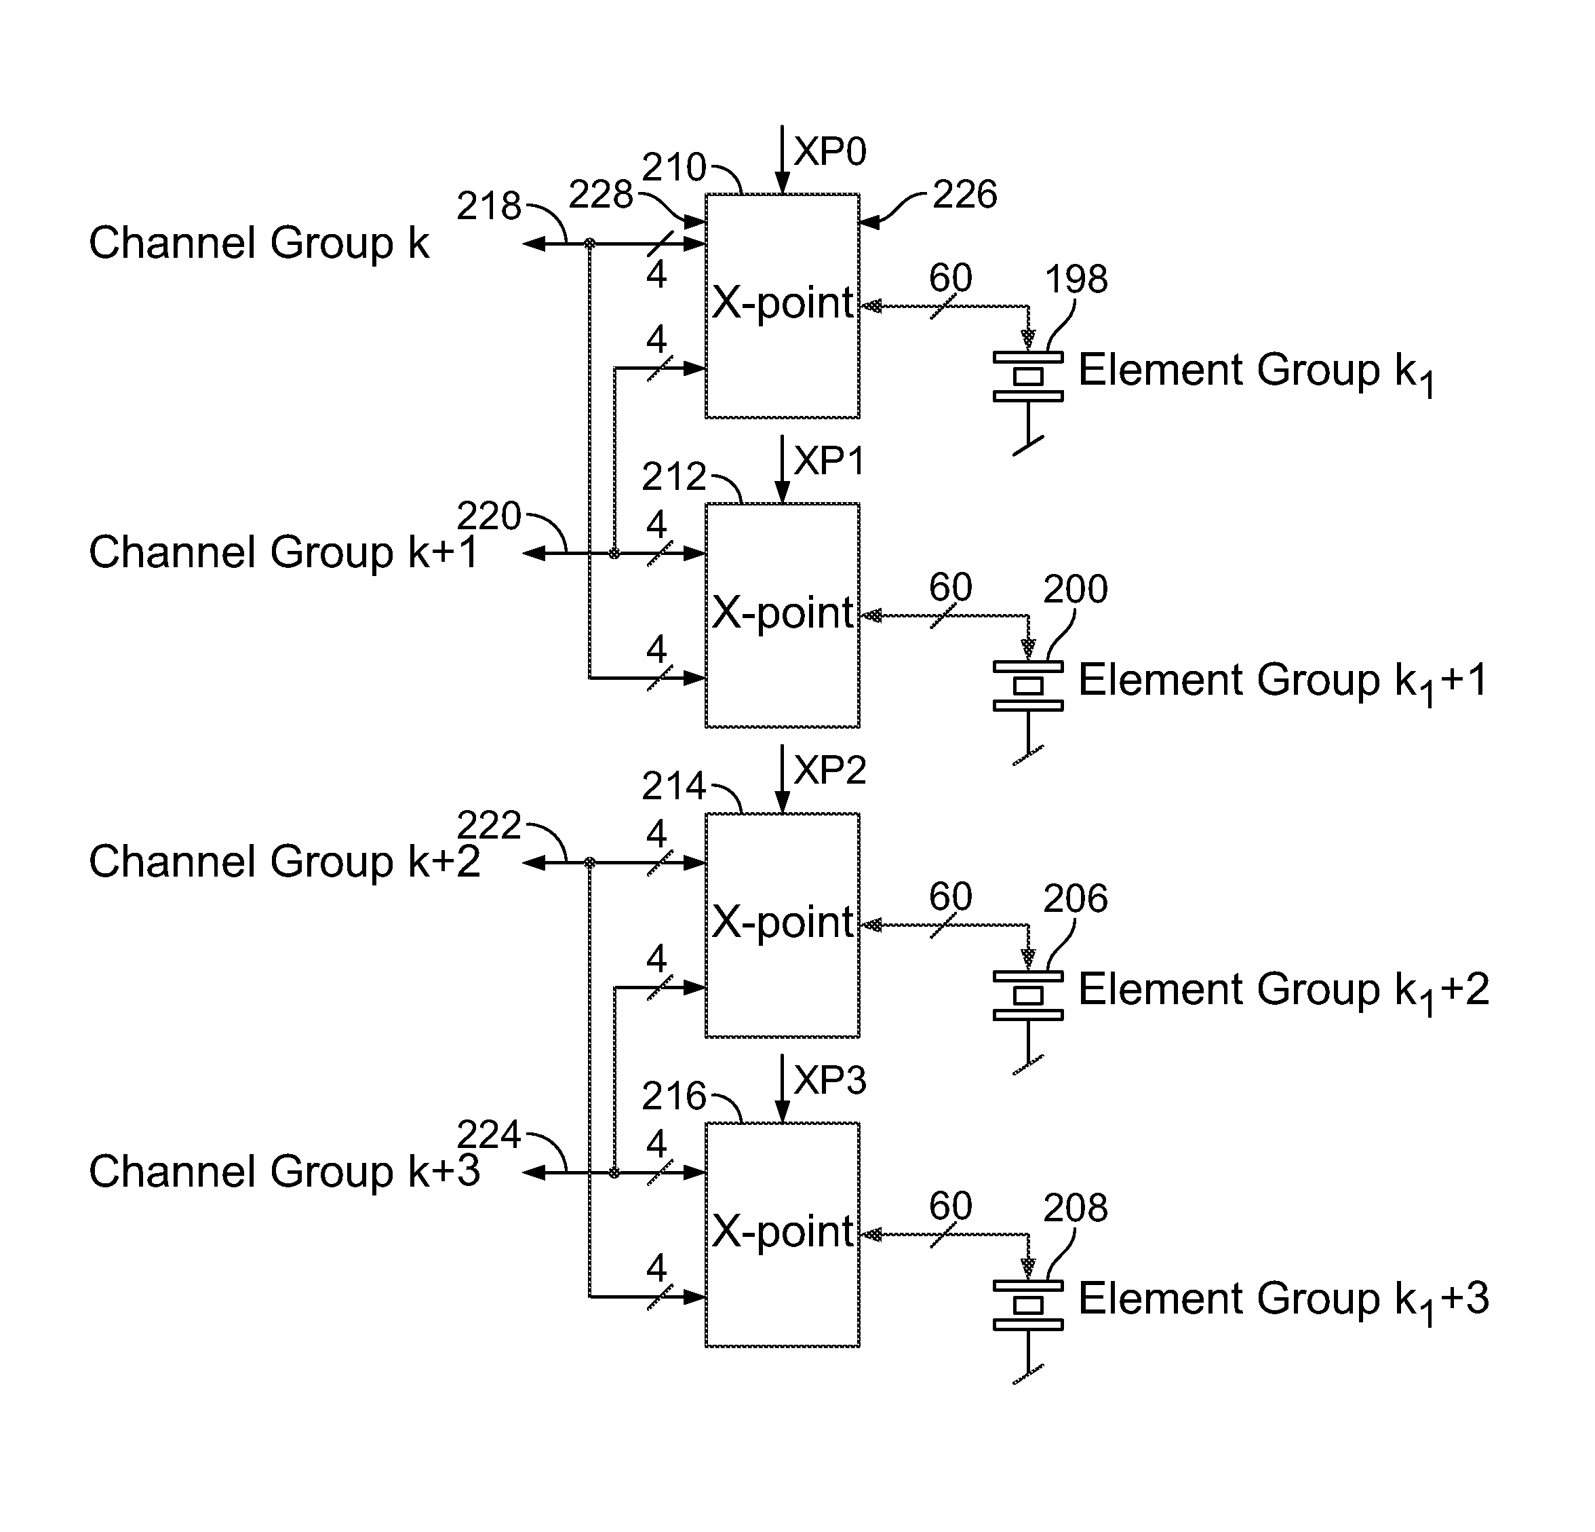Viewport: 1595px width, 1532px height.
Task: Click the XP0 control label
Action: tap(830, 151)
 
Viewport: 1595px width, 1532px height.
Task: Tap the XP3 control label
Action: tap(830, 1080)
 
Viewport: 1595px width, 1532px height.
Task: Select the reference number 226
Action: tap(964, 195)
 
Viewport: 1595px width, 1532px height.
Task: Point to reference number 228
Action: tap(601, 195)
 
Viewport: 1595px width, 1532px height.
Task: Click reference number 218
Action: tap(489, 206)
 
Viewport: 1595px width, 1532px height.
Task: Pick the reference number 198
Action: tap(1076, 280)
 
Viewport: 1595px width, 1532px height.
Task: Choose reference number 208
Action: tap(1076, 1208)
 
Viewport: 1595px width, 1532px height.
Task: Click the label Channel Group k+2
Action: tap(285, 861)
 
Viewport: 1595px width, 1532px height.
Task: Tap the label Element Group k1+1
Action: tap(1283, 681)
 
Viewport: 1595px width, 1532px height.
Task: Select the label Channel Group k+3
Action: tap(285, 1171)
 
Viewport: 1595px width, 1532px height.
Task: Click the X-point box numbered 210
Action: tap(782, 306)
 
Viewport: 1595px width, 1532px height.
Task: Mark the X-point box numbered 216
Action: tap(782, 1235)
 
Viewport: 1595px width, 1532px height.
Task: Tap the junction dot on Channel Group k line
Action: tap(590, 244)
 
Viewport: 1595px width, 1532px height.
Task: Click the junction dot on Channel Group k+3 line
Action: tap(614, 1172)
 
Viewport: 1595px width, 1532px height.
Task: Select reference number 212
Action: tap(674, 477)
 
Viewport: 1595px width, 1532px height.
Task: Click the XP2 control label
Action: tap(830, 770)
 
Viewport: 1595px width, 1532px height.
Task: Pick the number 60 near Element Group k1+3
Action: tap(951, 1206)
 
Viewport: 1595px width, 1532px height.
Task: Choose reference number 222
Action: tap(489, 826)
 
